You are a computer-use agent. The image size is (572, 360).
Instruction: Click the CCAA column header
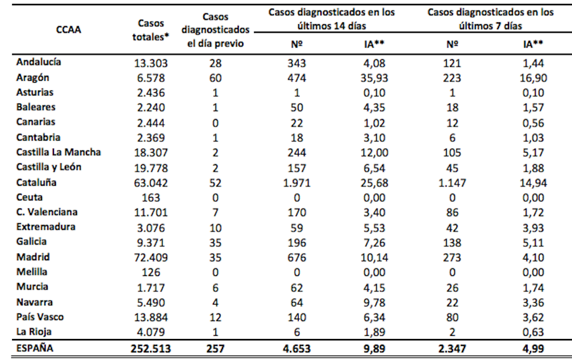(x=68, y=29)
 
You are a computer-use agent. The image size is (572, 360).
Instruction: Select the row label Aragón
(x=33, y=78)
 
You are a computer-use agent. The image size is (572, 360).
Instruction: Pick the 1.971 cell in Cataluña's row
(x=293, y=183)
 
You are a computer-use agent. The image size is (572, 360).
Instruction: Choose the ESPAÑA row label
(x=36, y=349)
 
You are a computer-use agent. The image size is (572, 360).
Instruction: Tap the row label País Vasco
(x=40, y=317)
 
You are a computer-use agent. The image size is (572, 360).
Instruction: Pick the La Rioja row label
(x=34, y=331)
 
